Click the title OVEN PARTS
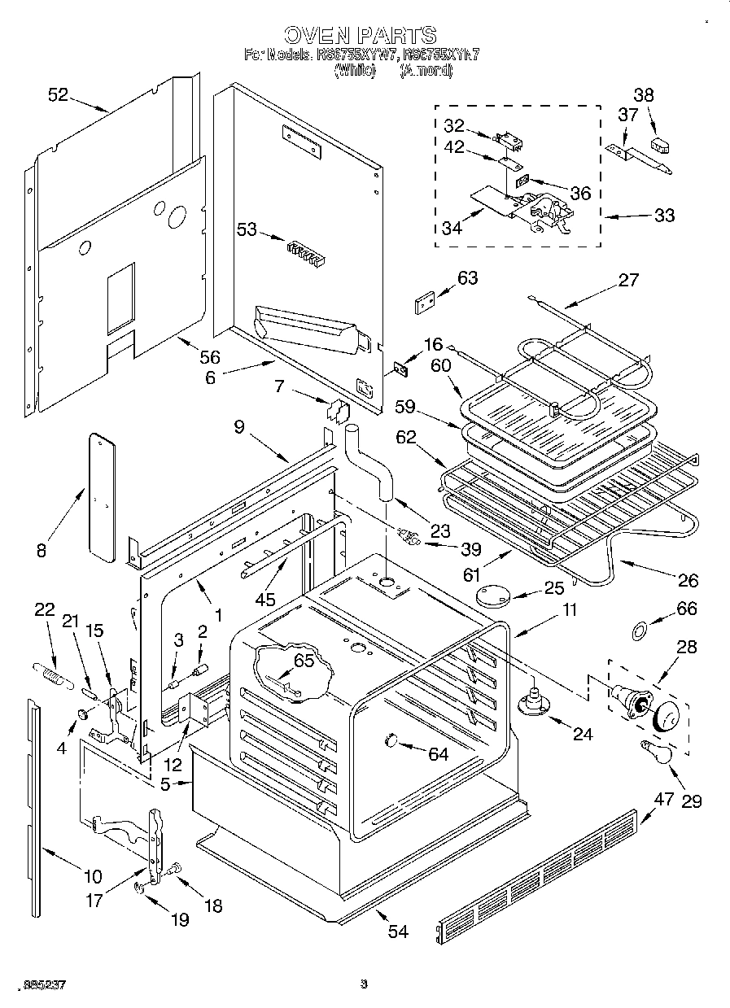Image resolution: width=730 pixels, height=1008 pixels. pyautogui.click(x=361, y=35)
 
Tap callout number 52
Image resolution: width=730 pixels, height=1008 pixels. pyautogui.click(x=58, y=94)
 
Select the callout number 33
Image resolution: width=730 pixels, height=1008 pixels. pyautogui.click(x=664, y=216)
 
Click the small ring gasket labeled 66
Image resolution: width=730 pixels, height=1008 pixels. pyautogui.click(x=640, y=629)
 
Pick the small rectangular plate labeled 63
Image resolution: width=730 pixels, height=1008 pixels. pyautogui.click(x=424, y=303)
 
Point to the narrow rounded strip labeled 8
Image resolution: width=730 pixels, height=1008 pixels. pyautogui.click(x=101, y=497)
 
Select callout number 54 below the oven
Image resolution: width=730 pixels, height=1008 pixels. pyautogui.click(x=397, y=932)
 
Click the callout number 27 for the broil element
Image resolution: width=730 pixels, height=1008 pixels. pyautogui.click(x=628, y=281)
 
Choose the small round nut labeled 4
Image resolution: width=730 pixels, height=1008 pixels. pyautogui.click(x=83, y=714)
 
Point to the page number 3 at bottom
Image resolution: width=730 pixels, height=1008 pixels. pyautogui.click(x=364, y=984)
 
